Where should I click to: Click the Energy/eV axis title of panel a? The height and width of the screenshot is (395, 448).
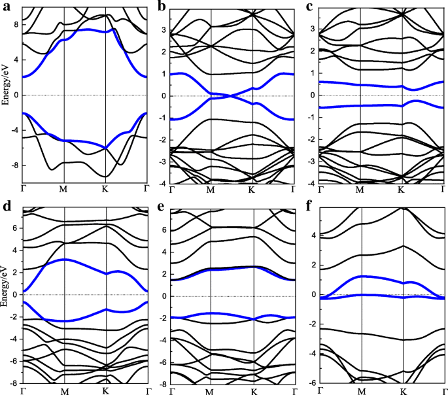point(6,95)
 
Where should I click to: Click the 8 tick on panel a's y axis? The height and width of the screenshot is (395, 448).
point(16,24)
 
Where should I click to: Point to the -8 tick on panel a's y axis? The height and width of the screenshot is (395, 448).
point(14,166)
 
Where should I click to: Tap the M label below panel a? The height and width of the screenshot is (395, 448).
point(64,190)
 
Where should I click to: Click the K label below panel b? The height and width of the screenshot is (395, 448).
point(252,191)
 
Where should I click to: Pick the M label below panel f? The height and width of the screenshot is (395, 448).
point(360,390)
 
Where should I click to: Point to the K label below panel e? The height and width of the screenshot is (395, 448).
point(253,391)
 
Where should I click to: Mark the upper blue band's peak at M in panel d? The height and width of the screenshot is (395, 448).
point(64,260)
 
